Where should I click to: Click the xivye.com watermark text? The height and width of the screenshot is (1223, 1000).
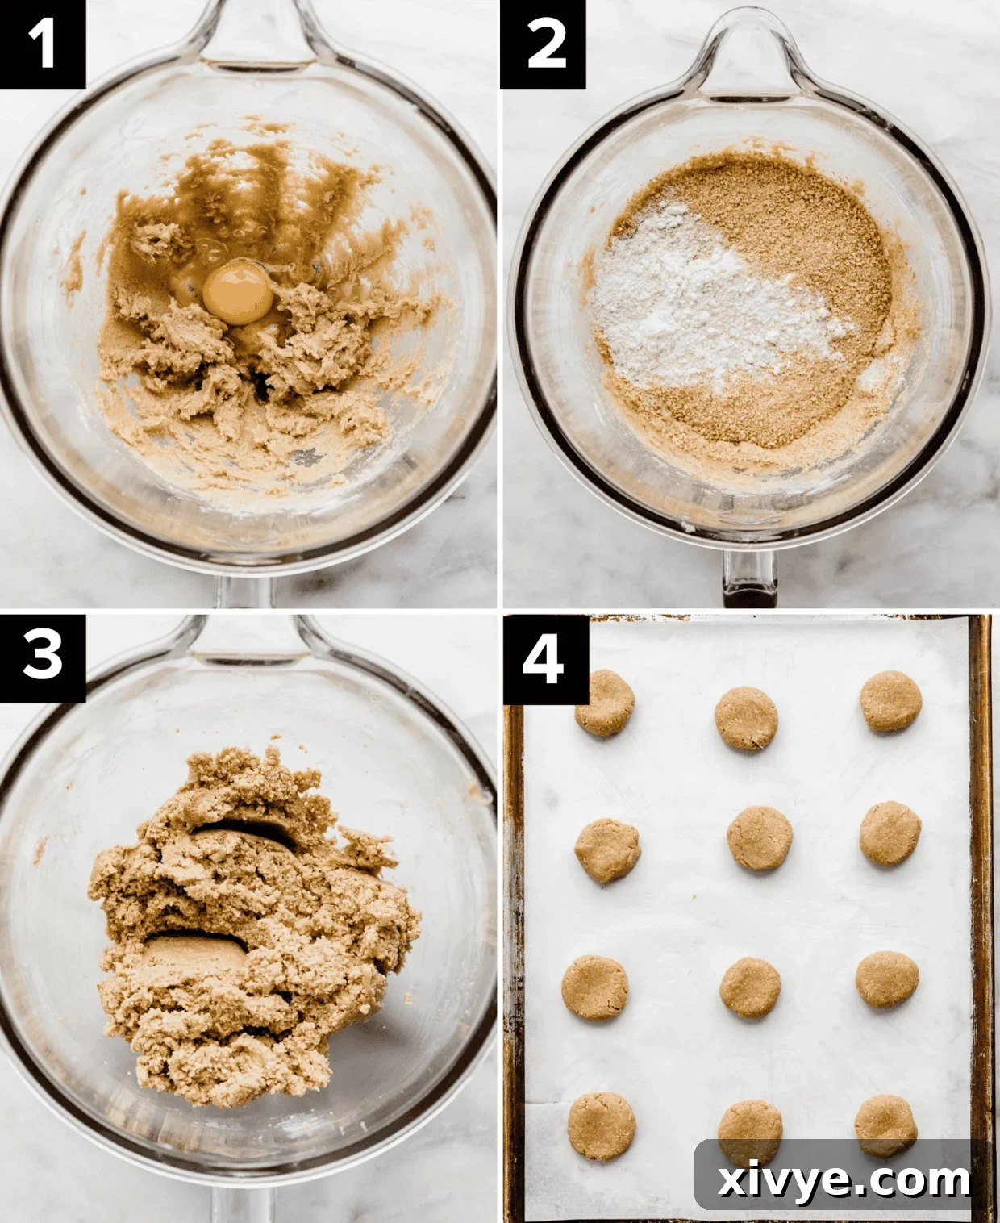coord(844,1180)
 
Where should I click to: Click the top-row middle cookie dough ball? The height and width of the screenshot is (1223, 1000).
coord(747,718)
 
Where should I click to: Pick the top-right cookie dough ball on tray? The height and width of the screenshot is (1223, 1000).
coord(890,700)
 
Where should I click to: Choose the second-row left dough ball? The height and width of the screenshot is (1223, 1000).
coord(607,849)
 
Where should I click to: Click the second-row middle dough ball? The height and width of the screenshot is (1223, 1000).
coord(760,838)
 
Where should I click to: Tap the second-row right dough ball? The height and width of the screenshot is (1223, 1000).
coord(890,833)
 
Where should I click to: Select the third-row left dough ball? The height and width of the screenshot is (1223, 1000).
coord(594,987)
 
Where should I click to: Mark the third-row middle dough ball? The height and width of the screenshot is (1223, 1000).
coord(750,987)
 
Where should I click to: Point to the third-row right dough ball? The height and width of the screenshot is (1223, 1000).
coord(887,979)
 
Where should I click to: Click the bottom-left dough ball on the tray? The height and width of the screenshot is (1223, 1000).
coord(601,1126)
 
